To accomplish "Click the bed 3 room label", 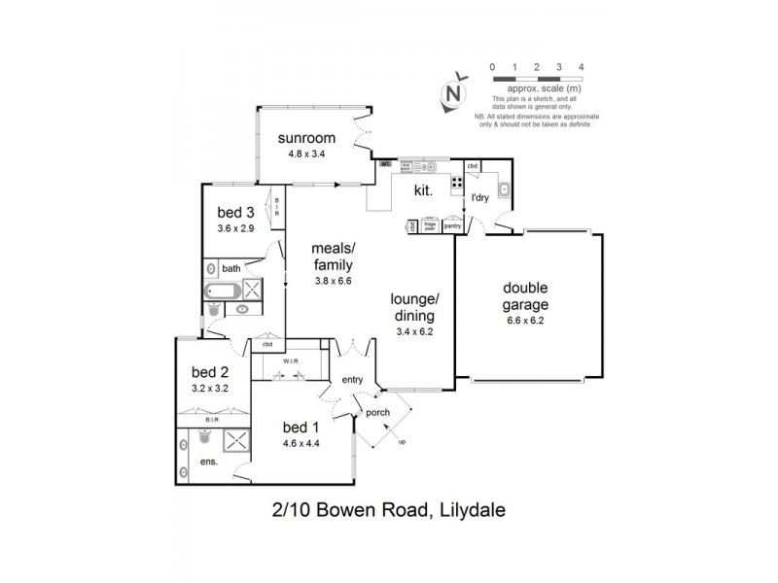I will (x=235, y=213).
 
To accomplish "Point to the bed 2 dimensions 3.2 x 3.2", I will (x=209, y=387).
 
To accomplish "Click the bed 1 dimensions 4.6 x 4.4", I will (x=301, y=443).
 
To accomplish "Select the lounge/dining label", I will (x=413, y=307).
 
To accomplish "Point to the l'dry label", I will (x=479, y=198).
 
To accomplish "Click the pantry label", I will (x=451, y=225).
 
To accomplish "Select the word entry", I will (x=350, y=380).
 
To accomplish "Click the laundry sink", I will (x=504, y=189).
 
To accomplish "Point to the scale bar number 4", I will (x=581, y=66).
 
